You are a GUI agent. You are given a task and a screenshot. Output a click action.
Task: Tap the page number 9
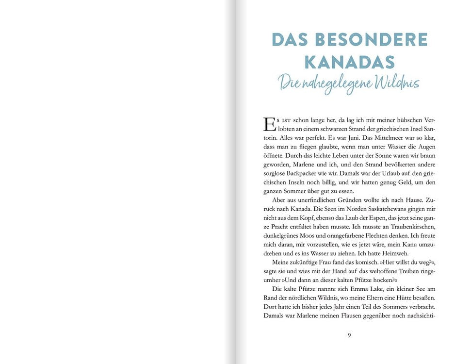click(x=349, y=334)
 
